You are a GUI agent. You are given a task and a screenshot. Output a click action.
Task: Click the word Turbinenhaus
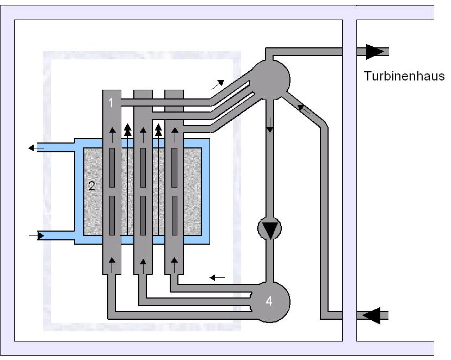tap(404, 76)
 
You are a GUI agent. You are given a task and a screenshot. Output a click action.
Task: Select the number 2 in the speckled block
tap(92, 186)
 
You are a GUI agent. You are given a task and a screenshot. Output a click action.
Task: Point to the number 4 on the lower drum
tap(269, 301)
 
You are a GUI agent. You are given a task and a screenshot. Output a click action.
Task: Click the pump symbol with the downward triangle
tap(269, 228)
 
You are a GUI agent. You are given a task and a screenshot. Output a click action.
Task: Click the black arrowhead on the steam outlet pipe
tap(375, 52)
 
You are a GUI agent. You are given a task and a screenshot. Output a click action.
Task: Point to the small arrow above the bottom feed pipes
tap(218, 278)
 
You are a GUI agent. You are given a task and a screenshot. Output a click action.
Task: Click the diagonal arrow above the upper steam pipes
tap(218, 84)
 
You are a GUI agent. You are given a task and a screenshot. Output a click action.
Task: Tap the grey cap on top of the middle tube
tap(142, 95)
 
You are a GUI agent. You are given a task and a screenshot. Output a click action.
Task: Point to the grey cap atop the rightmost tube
tap(174, 95)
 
